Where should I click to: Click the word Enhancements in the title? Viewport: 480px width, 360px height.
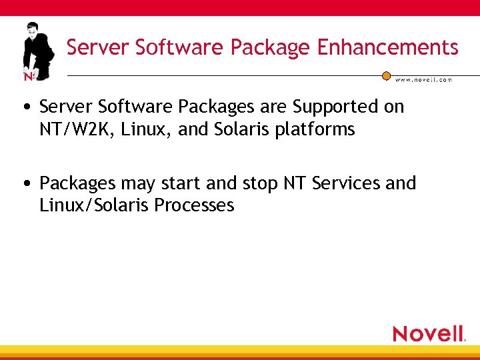pyautogui.click(x=388, y=47)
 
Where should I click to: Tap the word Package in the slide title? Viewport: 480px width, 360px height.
pyautogui.click(x=270, y=48)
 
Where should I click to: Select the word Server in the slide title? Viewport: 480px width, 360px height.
pyautogui.click(x=98, y=47)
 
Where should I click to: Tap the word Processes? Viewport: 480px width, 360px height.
pyautogui.click(x=194, y=205)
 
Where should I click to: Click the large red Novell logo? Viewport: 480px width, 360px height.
pyautogui.click(x=429, y=333)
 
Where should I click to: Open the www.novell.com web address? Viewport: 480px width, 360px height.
pyautogui.click(x=423, y=79)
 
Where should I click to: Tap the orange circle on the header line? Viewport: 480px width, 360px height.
pyautogui.click(x=386, y=76)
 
